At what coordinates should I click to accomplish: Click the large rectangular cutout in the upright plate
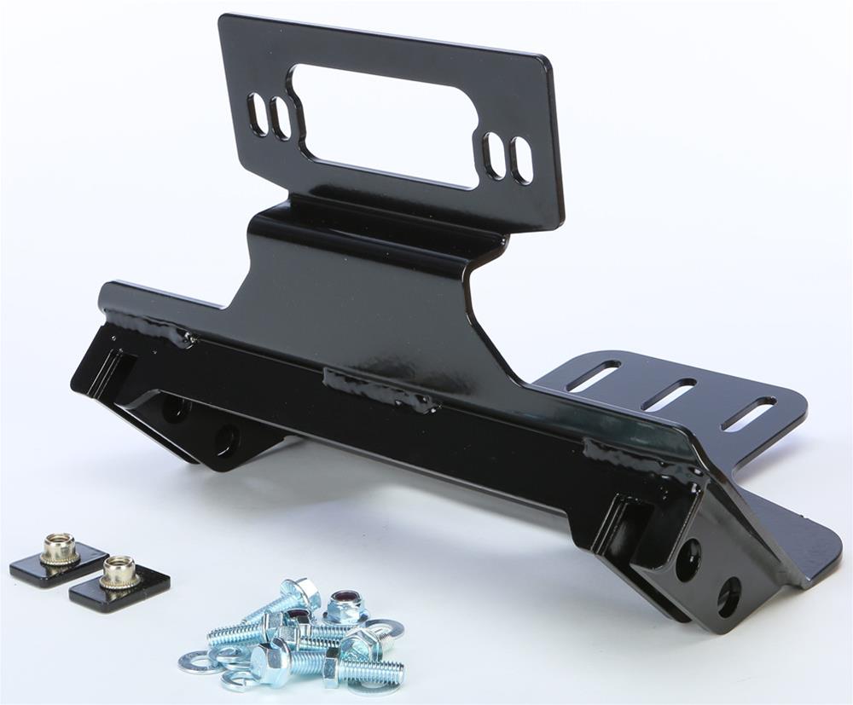[384, 125]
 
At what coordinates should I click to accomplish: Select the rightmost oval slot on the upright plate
[521, 160]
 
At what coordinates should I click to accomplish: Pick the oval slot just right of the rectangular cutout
[494, 155]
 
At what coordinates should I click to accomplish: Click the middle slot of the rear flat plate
[669, 395]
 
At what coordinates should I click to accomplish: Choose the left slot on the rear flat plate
[593, 376]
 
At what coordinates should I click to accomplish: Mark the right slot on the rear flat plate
[748, 413]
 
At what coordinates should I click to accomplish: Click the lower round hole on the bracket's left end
[226, 439]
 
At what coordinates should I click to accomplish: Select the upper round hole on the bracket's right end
[688, 559]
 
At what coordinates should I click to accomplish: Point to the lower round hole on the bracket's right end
[728, 597]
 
